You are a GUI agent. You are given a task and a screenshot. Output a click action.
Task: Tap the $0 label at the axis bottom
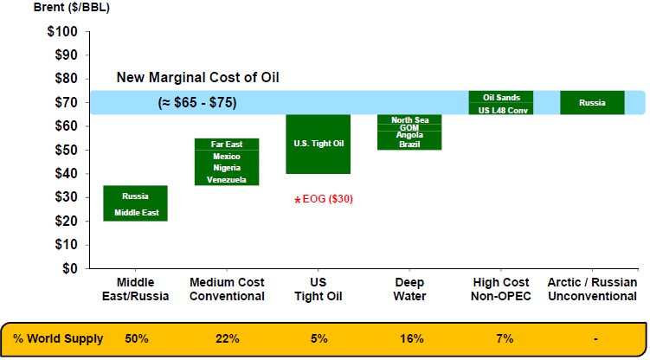coord(69,268)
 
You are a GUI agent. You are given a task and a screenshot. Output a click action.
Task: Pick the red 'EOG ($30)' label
coord(327,199)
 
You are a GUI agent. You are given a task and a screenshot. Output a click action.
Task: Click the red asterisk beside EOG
coord(297,201)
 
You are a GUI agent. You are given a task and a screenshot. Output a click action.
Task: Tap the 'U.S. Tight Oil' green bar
coord(319,144)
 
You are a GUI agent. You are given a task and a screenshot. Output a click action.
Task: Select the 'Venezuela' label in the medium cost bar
coord(226,180)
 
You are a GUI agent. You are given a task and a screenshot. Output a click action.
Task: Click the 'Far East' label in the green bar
coord(226,144)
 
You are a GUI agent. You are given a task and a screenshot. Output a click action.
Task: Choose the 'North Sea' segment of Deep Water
coord(409,119)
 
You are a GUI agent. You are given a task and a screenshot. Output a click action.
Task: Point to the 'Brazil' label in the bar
coord(409,145)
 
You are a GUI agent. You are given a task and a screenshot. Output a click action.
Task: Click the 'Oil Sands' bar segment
coord(500,97)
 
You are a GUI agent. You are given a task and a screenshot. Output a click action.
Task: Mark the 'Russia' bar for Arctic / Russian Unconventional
coord(592,102)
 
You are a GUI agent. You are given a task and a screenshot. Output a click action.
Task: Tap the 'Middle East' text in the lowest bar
coord(136,213)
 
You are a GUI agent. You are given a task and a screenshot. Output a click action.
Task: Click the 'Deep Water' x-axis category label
coord(409,289)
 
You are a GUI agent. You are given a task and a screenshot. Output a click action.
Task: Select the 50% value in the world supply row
coord(136,338)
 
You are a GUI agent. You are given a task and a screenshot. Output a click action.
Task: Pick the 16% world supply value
coord(409,338)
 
